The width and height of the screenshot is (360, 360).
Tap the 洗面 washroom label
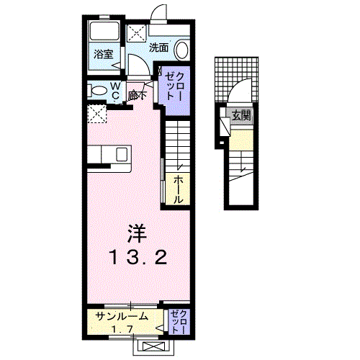(158, 48)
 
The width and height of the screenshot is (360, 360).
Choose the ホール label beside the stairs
(177, 189)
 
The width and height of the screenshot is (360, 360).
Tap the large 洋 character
(137, 232)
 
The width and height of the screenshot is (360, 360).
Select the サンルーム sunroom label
(122, 315)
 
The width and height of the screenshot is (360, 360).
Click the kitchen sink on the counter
(121, 153)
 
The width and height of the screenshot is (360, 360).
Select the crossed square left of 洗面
(136, 33)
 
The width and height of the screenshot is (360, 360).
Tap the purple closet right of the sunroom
(180, 320)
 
